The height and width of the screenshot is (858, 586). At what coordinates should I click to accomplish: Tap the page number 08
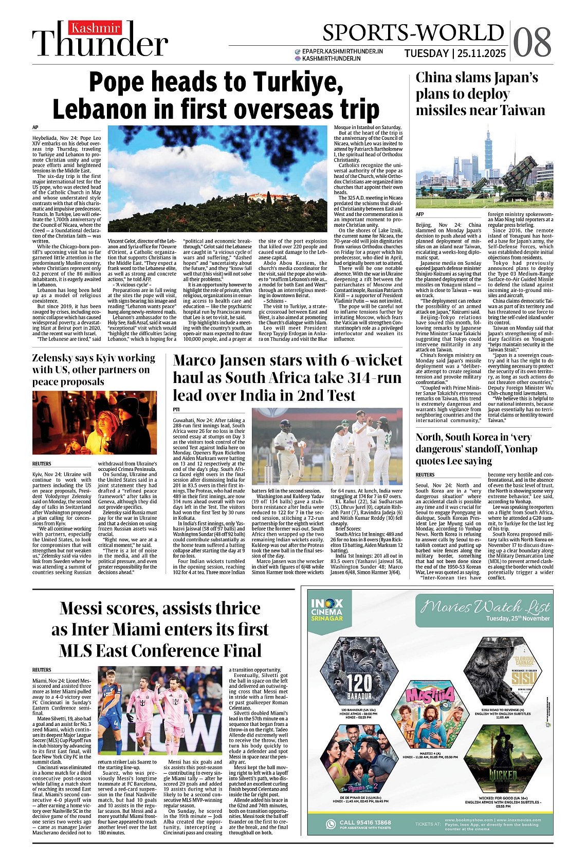[532, 43]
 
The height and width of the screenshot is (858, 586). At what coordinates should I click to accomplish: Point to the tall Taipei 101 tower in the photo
[488, 149]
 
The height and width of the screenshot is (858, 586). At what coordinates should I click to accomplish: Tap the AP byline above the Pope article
[35, 127]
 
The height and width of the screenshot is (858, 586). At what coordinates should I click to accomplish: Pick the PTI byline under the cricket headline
[176, 409]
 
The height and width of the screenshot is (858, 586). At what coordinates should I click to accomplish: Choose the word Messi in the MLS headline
[84, 609]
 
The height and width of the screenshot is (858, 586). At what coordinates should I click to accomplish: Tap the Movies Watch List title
[485, 608]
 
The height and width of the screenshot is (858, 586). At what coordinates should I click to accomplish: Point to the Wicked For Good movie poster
[502, 759]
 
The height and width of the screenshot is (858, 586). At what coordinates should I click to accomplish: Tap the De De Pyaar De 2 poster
[359, 759]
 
